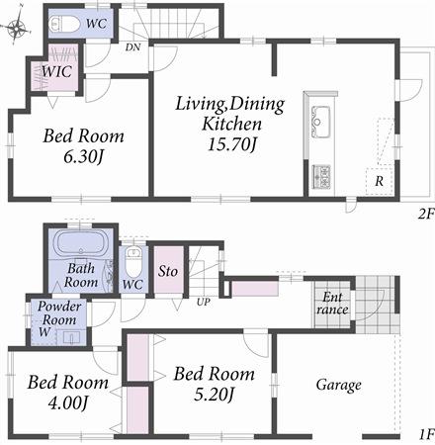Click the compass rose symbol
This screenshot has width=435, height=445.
point(18,31)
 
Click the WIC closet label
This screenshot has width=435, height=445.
point(54,71)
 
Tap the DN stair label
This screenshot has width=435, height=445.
point(131,45)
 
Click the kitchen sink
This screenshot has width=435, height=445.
point(323,124)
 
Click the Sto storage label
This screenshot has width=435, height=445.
point(169,269)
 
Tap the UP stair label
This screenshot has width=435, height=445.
point(204,301)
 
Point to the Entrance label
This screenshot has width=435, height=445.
point(332,304)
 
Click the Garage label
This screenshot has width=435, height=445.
point(338,385)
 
